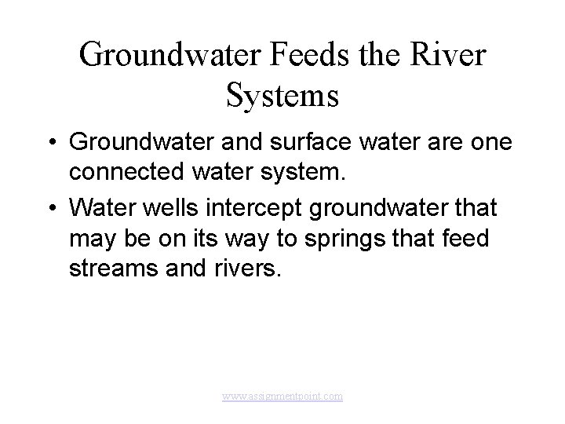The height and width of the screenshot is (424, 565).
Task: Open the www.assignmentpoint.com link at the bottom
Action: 282,397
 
